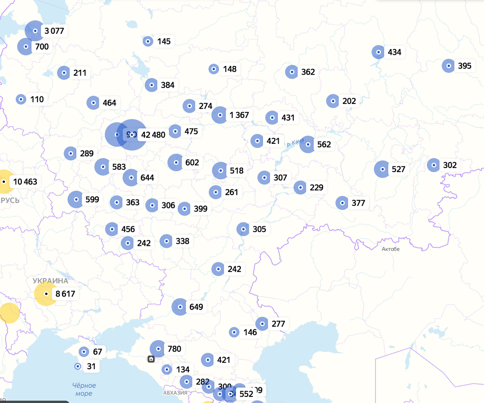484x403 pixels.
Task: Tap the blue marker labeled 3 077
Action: (x=35, y=31)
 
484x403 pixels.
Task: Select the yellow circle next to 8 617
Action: (x=46, y=294)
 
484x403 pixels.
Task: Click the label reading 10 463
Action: (x=25, y=182)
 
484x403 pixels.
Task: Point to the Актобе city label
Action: (x=390, y=249)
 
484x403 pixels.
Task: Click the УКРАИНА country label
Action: (x=50, y=280)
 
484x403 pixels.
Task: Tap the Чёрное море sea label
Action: (x=84, y=390)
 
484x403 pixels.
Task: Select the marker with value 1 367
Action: (x=220, y=115)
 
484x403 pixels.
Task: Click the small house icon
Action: (x=151, y=359)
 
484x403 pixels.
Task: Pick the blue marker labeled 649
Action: (x=180, y=307)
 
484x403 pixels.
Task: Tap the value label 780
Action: (x=174, y=349)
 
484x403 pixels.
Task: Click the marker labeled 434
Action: (x=378, y=52)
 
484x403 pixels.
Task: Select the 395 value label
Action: (x=464, y=66)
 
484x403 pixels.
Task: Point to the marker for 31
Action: (x=77, y=366)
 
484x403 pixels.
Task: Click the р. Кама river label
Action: (x=295, y=143)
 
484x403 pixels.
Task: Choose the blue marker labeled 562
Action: (x=308, y=144)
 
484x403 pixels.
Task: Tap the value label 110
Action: (x=37, y=99)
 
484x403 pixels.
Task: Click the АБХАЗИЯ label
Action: (x=175, y=393)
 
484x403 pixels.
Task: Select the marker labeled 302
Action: (x=433, y=165)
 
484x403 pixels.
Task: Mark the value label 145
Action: (x=164, y=41)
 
